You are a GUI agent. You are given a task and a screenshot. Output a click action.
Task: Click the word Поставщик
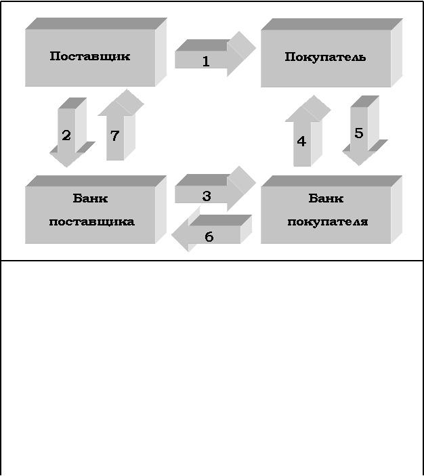(90, 56)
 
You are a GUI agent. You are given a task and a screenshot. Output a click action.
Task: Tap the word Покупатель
(325, 57)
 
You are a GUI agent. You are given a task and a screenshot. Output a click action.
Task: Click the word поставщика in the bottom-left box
(92, 221)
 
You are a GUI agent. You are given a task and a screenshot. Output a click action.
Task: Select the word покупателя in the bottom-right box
(328, 221)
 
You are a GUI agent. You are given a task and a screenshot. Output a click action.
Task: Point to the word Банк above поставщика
(90, 198)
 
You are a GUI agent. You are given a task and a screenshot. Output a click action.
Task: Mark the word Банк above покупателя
(326, 198)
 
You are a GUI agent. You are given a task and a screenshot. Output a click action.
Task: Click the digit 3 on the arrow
(207, 196)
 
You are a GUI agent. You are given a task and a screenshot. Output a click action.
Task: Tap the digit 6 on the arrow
(209, 236)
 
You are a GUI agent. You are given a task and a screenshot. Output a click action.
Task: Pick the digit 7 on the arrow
(114, 136)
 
